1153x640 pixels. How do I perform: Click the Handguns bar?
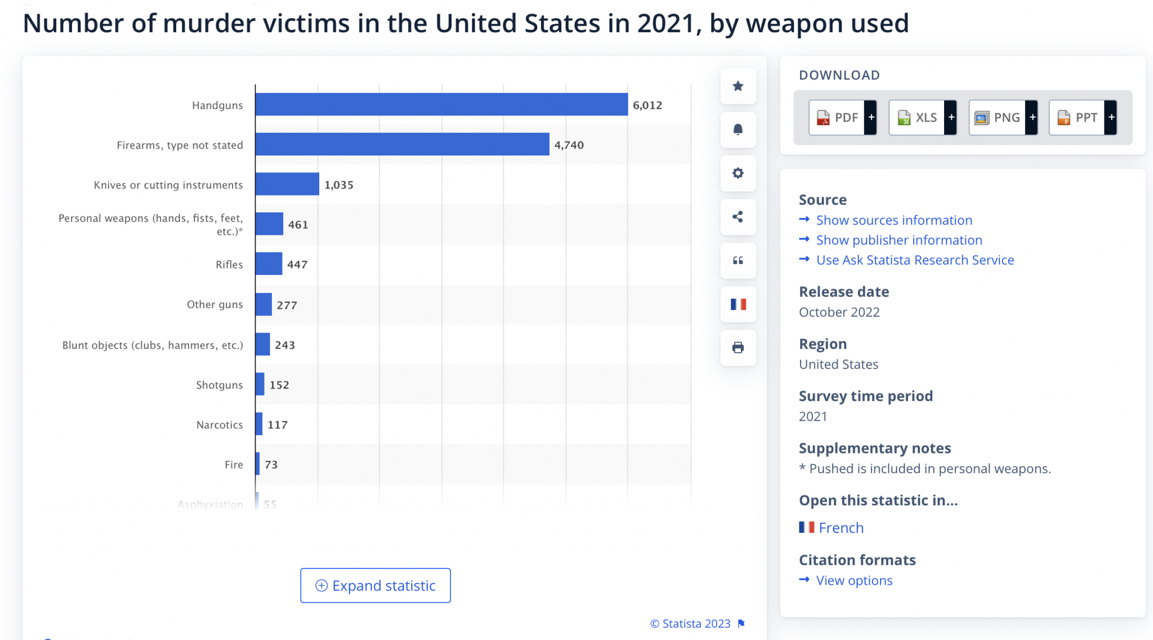click(x=441, y=105)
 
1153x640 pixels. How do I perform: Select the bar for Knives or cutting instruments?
click(x=287, y=184)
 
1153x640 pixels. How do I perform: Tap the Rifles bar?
click(x=269, y=264)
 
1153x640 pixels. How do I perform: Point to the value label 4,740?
click(x=569, y=145)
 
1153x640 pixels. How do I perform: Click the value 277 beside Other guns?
click(x=287, y=305)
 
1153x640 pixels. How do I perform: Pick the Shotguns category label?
click(x=220, y=385)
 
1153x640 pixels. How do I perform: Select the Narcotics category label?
click(x=220, y=425)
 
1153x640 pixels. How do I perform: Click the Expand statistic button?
click(x=376, y=585)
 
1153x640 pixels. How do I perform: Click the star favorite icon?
click(x=738, y=86)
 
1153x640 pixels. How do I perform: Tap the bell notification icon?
click(x=738, y=130)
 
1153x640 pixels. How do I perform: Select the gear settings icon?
click(x=738, y=173)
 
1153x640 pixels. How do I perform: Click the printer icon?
click(x=738, y=348)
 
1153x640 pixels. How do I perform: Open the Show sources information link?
click(x=894, y=220)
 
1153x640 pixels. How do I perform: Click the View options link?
click(x=854, y=580)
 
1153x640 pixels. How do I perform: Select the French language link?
click(x=841, y=528)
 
